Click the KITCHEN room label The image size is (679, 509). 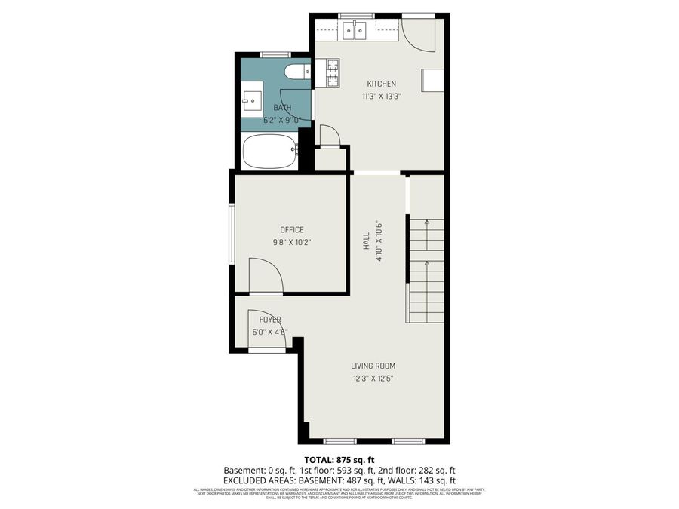pos(381,84)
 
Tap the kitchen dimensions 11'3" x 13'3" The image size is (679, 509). pos(381,96)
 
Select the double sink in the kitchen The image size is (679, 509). pos(353,30)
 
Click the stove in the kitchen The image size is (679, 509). pos(333,73)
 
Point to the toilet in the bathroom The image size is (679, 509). pos(296,72)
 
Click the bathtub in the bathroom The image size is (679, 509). pos(269,152)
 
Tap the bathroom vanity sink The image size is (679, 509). pos(252,100)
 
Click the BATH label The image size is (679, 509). pos(282,108)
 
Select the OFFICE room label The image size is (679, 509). pos(291,230)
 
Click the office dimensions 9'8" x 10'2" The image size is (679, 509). pos(291,242)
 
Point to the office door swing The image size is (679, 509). pos(266,275)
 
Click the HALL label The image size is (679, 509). pos(366,241)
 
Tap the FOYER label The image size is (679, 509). pos(270,320)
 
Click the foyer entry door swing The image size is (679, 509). pos(268,332)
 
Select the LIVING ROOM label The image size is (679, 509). pos(373,366)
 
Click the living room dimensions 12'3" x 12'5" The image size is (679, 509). pos(373,379)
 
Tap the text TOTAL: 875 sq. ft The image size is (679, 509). pos(339,459)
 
